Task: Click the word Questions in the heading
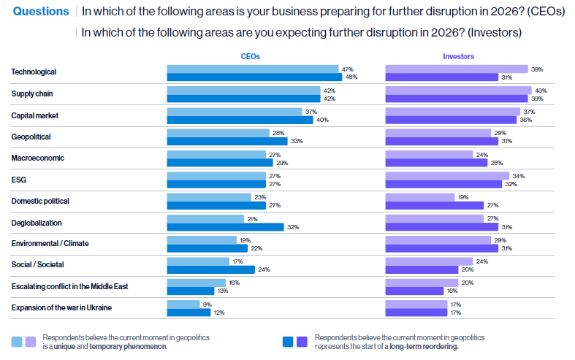point(41,12)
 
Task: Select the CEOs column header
point(251,56)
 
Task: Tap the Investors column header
point(458,56)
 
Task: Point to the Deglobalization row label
point(37,222)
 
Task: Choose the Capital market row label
point(35,115)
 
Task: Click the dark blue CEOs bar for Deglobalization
point(225,227)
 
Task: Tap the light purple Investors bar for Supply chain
point(457,90)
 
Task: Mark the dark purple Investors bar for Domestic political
point(434,205)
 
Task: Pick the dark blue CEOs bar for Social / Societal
point(210,269)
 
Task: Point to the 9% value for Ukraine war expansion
point(206,304)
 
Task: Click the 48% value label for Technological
point(351,77)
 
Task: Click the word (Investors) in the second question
point(495,33)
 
